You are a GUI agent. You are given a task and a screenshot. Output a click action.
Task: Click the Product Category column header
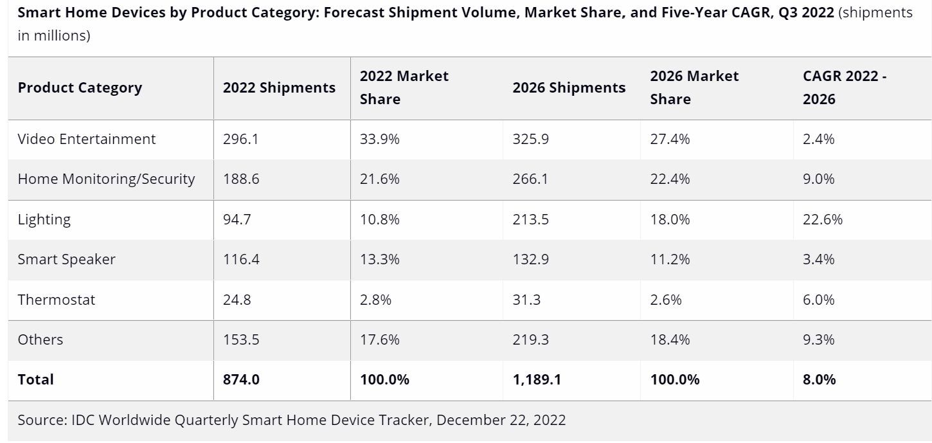(x=80, y=87)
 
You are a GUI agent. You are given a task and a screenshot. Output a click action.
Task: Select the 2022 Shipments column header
(x=279, y=87)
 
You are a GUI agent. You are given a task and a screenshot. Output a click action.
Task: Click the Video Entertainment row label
(x=87, y=139)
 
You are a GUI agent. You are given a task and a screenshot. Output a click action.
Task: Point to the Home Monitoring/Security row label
(x=106, y=179)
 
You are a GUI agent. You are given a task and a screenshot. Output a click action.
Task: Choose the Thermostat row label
(x=57, y=300)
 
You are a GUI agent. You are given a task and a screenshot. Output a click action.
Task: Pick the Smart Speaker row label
(x=67, y=259)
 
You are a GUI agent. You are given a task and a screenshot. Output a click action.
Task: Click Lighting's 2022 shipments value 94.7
(x=237, y=219)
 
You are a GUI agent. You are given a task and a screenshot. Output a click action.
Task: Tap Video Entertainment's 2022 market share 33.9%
(x=379, y=139)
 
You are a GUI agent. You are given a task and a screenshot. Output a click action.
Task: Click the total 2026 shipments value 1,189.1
(x=537, y=379)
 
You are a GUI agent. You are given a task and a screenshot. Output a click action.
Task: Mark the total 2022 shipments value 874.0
(x=241, y=379)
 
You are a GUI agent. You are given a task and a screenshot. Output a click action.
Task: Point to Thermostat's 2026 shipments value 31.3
(x=526, y=300)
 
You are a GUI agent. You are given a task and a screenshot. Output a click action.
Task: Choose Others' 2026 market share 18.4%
(x=670, y=339)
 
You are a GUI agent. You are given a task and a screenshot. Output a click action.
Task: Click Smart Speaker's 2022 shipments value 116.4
(x=241, y=259)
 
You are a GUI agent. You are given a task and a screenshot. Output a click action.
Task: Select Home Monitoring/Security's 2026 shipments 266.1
(x=530, y=179)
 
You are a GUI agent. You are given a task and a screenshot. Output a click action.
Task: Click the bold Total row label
(x=36, y=379)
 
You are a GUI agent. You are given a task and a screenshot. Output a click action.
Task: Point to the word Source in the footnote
(x=40, y=420)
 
